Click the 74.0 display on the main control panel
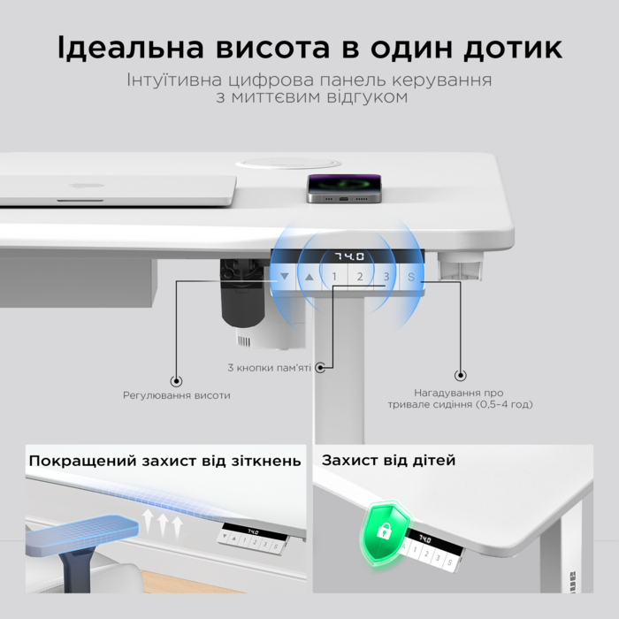click(348, 256)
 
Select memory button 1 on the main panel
click(334, 277)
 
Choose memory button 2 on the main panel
click(360, 277)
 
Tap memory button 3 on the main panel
click(386, 277)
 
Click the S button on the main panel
click(411, 277)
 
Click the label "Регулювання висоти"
click(176, 395)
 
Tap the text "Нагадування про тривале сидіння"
click(459, 398)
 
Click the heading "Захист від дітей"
click(388, 461)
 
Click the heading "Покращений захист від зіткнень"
click(164, 461)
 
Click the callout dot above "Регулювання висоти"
click(176, 380)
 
